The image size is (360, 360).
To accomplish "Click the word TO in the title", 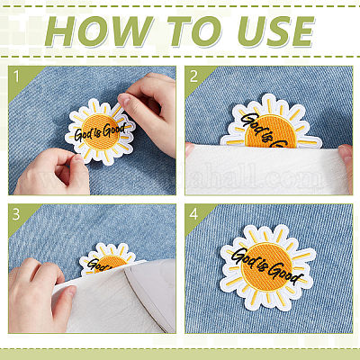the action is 195,31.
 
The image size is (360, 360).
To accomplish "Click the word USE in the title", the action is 276,31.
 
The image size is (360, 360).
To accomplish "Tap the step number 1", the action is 16,76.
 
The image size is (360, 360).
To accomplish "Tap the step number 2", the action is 193,76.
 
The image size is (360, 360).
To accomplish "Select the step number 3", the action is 16,214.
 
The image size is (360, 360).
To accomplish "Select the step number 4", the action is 193,214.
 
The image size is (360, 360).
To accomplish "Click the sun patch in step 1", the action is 100,132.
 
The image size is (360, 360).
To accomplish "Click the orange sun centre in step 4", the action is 266,267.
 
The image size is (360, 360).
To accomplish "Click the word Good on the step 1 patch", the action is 113,130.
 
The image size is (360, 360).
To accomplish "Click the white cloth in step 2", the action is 267,169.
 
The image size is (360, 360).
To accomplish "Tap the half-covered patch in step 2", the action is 271,122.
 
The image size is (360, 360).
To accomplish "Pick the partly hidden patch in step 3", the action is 107,258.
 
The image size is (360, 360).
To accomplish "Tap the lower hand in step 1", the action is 51,173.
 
